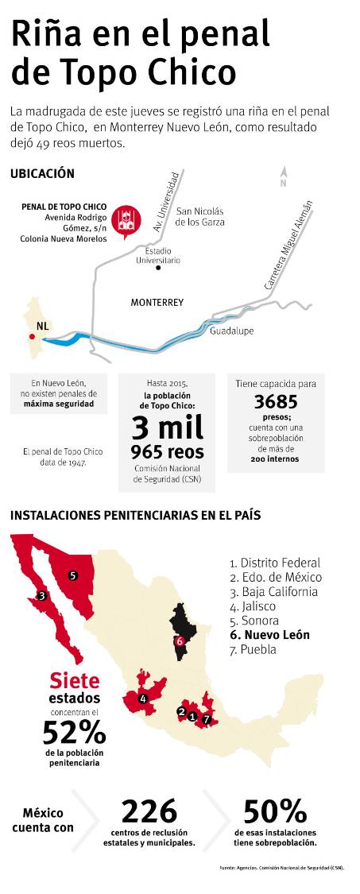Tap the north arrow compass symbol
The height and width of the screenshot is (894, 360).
[x=282, y=177]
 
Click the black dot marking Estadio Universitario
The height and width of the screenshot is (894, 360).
[x=158, y=268]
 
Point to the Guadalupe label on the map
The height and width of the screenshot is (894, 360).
[x=231, y=331]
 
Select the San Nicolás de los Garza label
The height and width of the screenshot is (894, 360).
[x=200, y=216]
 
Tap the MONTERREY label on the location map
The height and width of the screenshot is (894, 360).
[x=157, y=303]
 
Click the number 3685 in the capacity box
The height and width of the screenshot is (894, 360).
[x=275, y=402]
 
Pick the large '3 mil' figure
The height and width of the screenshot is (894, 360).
[x=167, y=427]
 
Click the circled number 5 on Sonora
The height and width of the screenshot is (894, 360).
[x=72, y=575]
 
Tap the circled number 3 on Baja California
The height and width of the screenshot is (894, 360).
[x=41, y=594]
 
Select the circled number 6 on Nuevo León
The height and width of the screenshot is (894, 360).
[x=180, y=641]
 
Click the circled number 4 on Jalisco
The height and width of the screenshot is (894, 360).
[x=143, y=699]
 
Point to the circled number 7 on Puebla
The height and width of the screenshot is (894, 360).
[x=207, y=719]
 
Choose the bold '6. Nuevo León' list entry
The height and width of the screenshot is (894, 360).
[x=269, y=635]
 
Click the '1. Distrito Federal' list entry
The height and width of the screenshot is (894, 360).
[x=274, y=562]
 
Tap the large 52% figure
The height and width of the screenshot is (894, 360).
[x=73, y=731]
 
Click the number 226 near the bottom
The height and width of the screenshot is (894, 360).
[x=149, y=811]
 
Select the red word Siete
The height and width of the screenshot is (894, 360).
[x=75, y=680]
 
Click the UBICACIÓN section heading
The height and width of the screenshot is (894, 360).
[x=42, y=173]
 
